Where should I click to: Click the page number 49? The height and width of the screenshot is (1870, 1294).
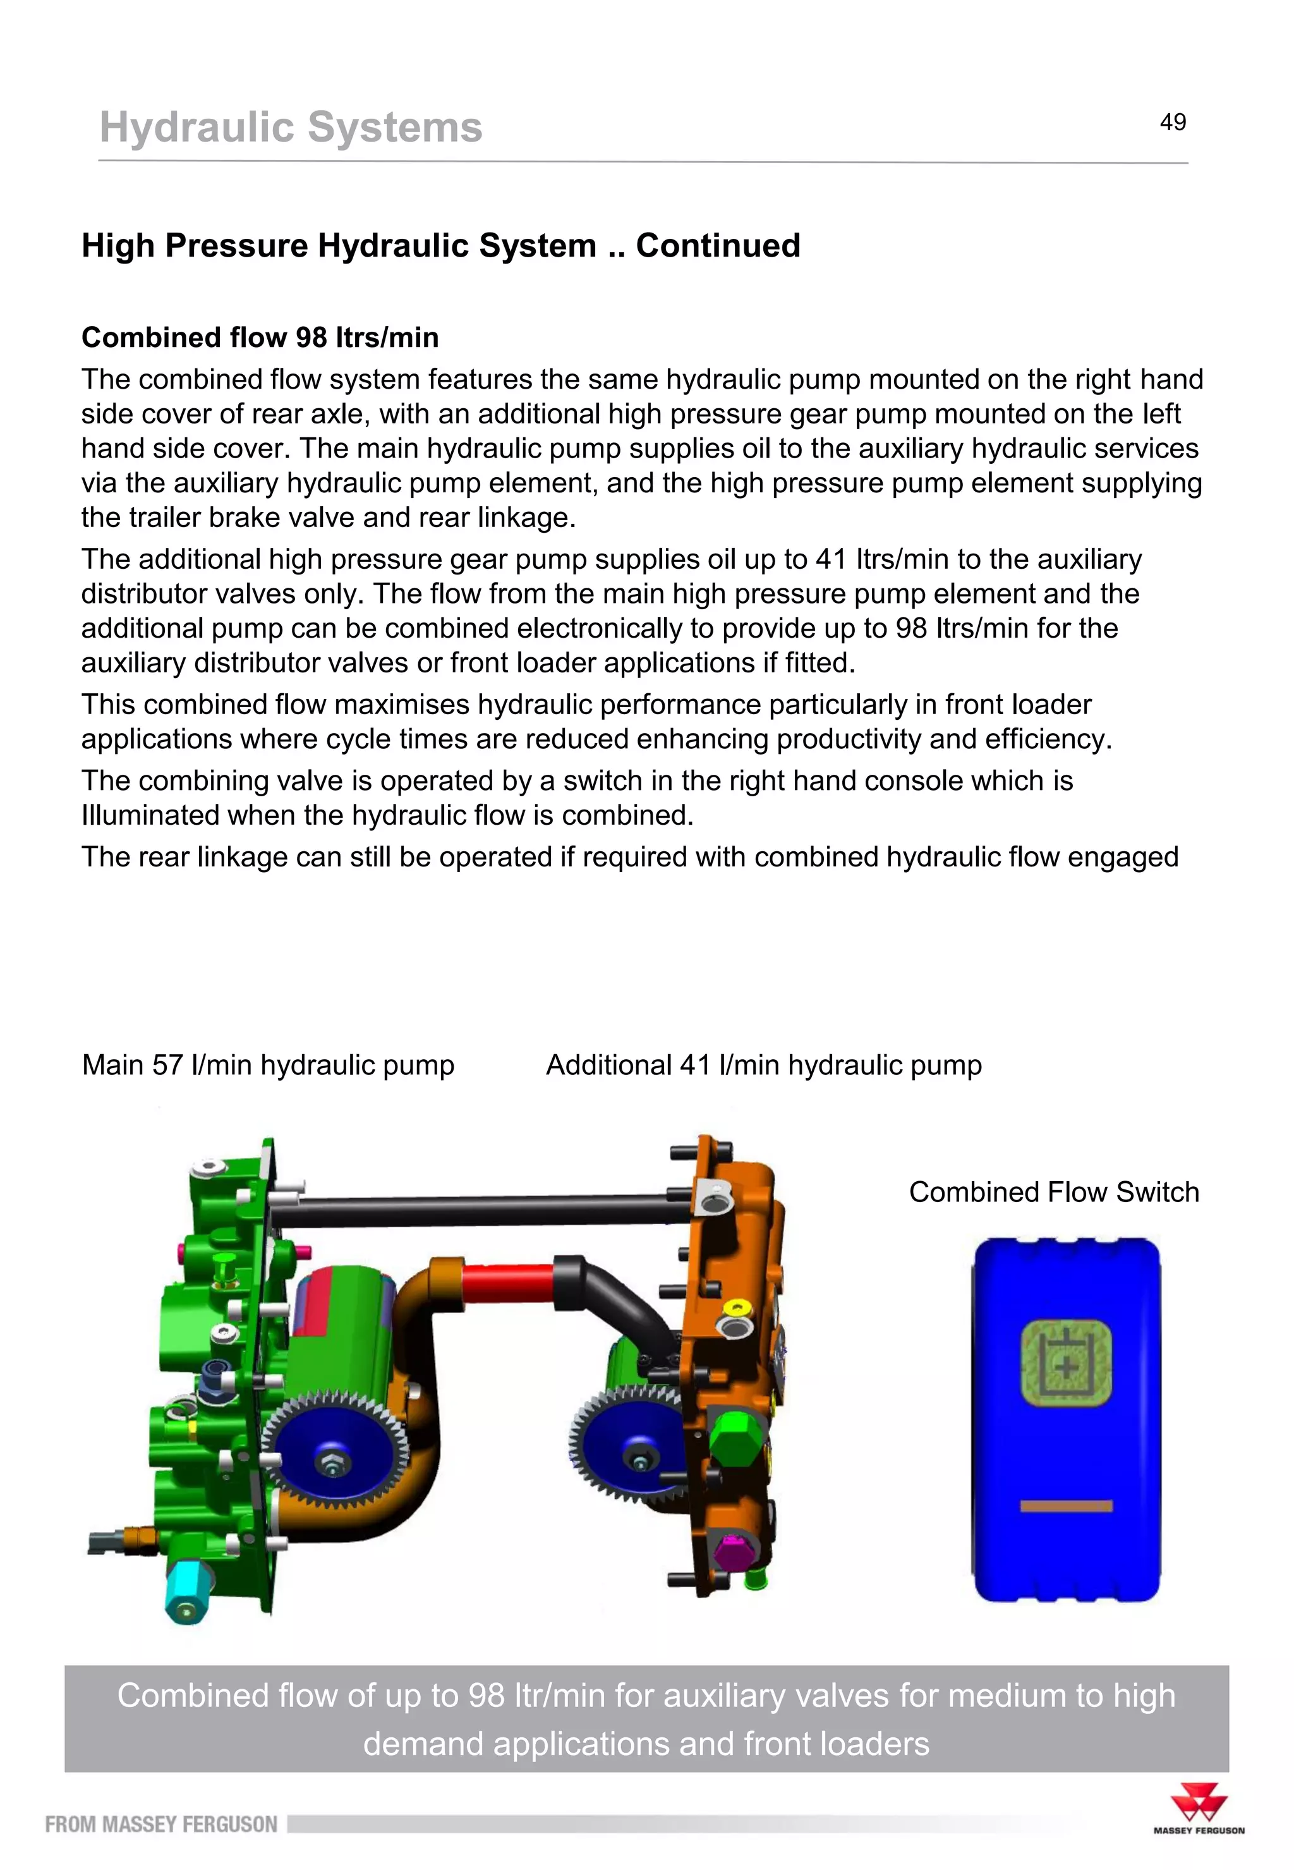1173,123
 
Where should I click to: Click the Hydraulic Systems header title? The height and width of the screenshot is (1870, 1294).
290,127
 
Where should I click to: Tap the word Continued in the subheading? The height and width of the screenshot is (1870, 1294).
718,246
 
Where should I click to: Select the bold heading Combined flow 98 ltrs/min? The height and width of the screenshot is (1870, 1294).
260,337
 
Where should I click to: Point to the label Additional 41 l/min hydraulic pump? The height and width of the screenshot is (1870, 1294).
764,1065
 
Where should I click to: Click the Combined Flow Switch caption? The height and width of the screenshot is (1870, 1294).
1053,1192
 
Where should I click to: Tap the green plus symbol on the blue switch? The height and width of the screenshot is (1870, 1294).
1066,1367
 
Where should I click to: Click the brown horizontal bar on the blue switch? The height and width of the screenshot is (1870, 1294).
1065,1506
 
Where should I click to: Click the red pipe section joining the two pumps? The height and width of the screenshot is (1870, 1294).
507,1283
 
